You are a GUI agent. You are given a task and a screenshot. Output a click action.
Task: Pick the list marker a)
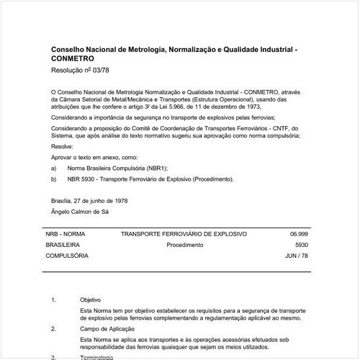[54, 168]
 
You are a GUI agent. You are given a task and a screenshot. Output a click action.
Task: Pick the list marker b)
[54, 179]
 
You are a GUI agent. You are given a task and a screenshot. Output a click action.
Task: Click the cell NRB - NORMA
[66, 235]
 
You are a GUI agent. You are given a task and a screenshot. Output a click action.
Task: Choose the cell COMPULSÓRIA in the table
[67, 256]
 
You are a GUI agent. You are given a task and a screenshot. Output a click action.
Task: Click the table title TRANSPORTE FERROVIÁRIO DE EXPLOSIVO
[184, 235]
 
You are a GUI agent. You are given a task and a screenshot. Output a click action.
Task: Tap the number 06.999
[298, 235]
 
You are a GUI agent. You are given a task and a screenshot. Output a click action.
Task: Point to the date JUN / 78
[297, 256]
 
